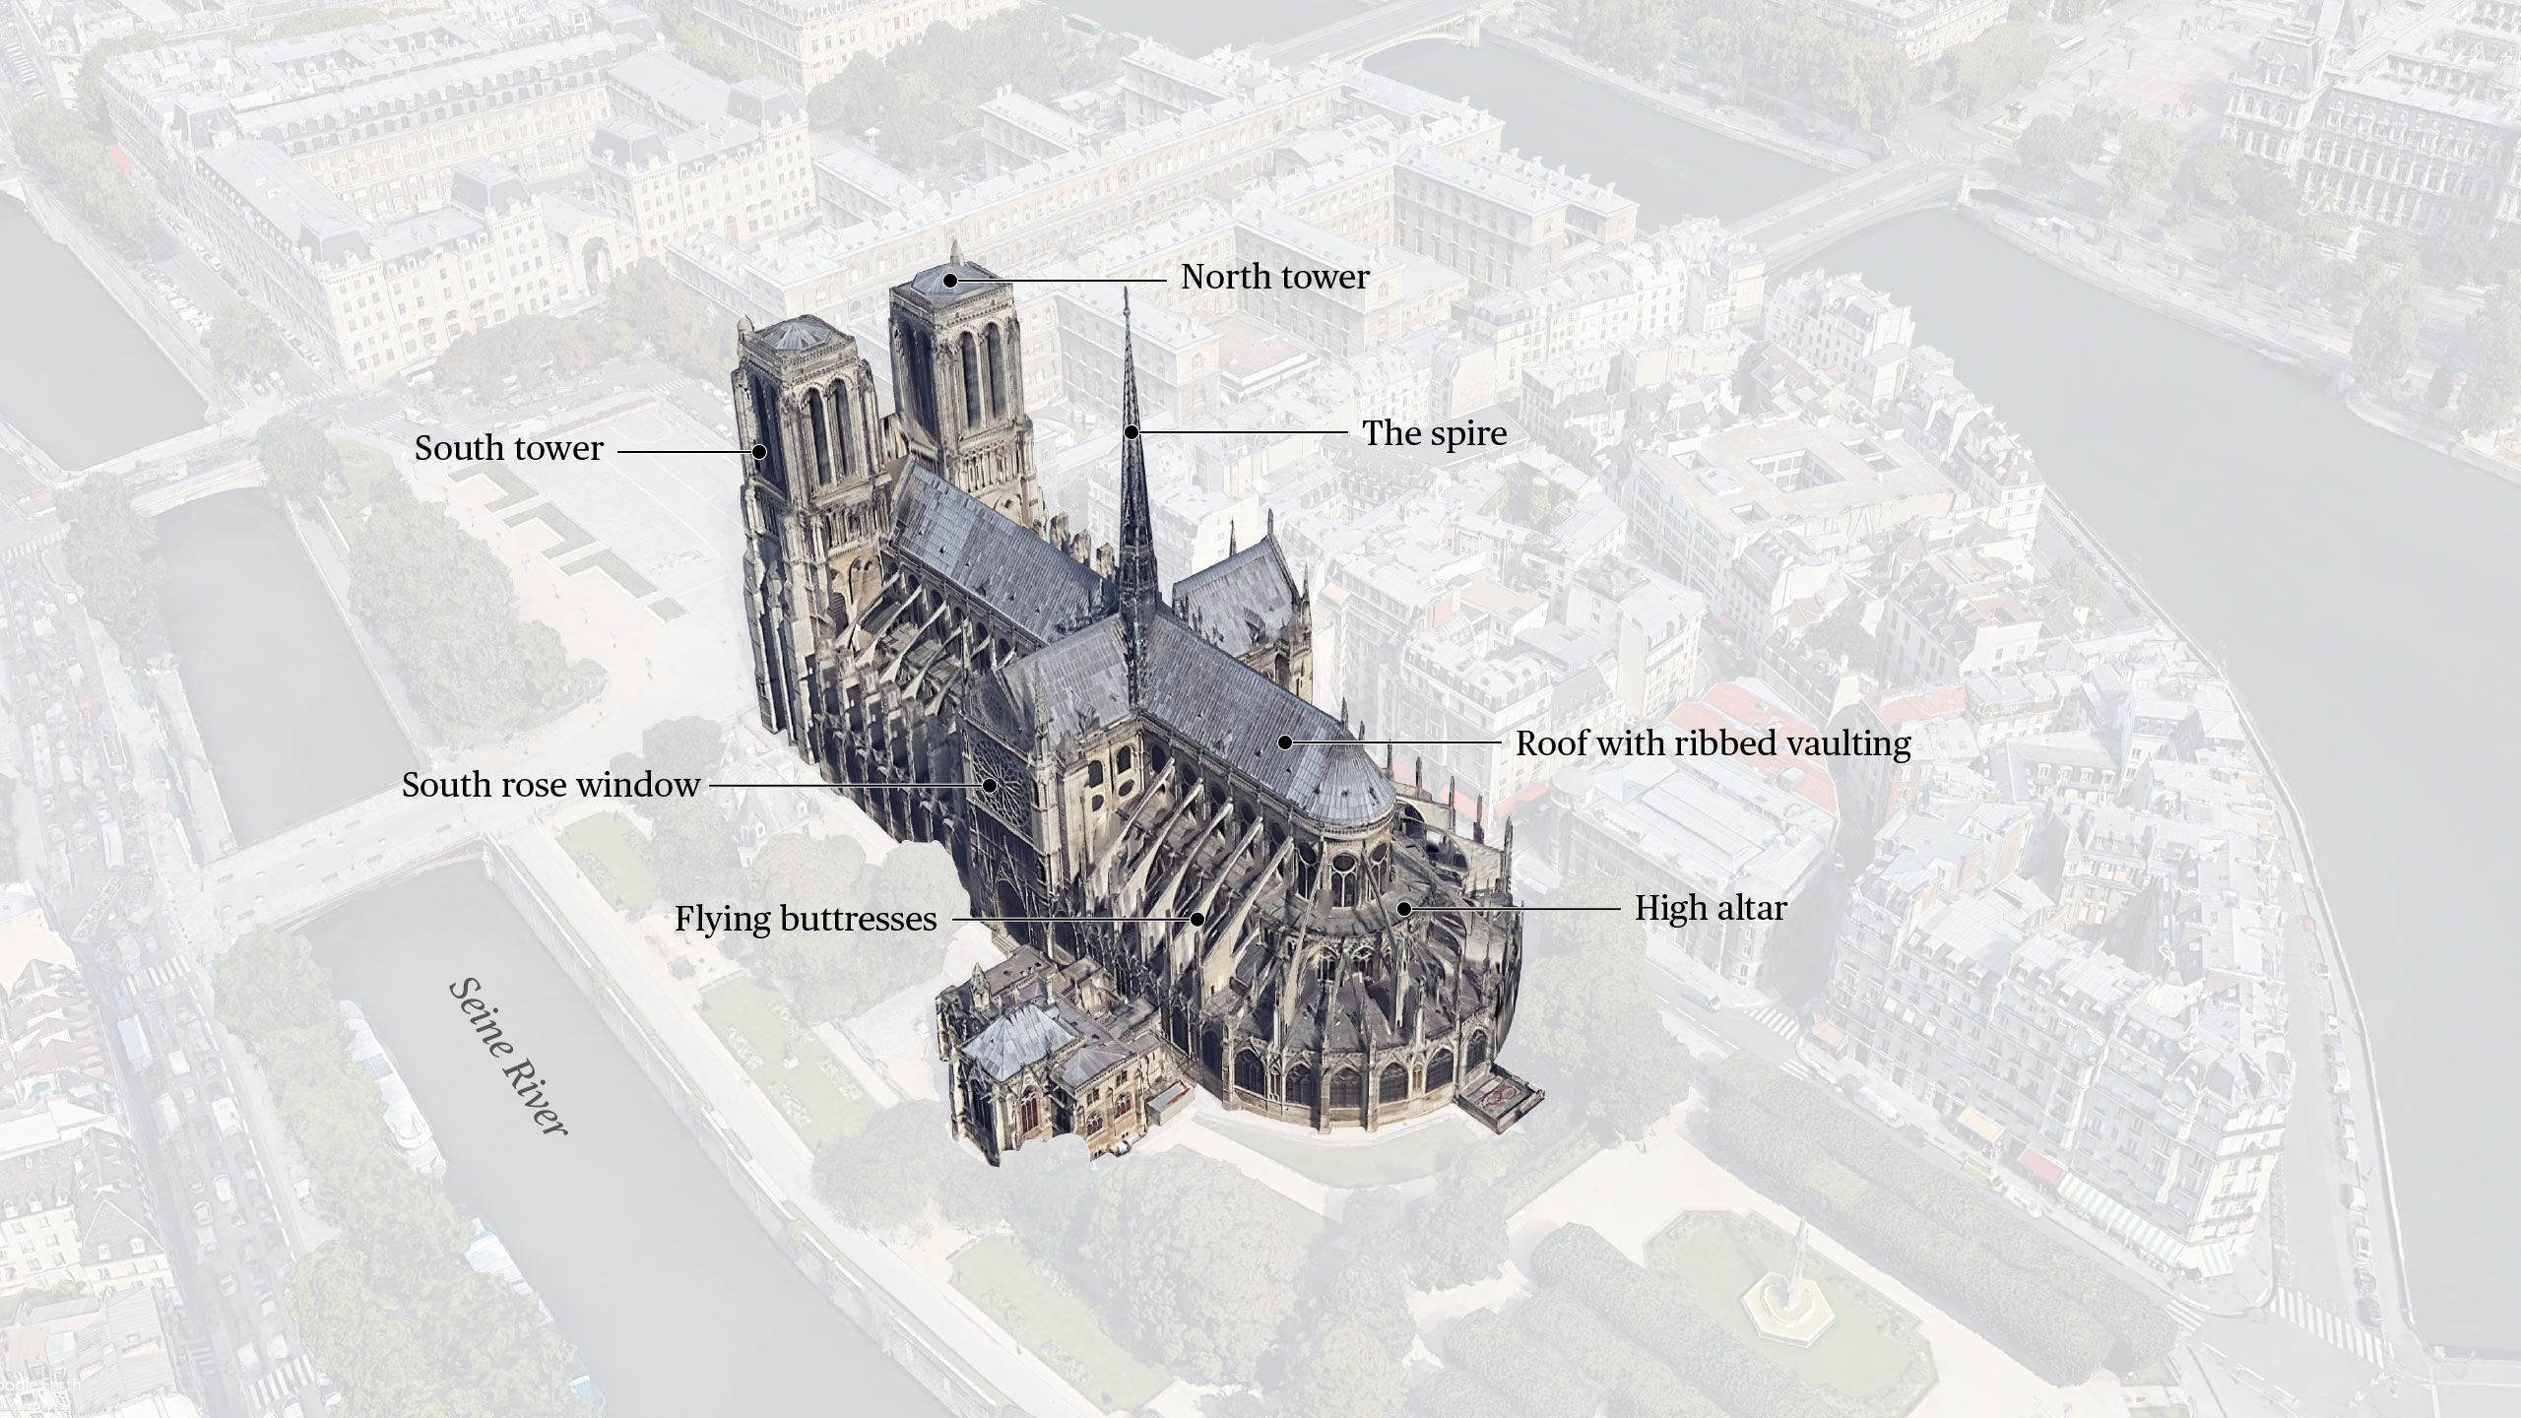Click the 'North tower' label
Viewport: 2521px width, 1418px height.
1274,278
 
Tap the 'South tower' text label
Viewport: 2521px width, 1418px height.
508,449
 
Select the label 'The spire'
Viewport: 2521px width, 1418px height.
1434,433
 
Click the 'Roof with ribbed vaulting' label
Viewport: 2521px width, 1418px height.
1713,743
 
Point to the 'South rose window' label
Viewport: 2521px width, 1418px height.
550,785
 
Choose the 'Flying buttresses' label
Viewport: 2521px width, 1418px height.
806,920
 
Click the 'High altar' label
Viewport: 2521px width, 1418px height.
1711,908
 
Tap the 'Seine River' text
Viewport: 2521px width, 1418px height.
508,1058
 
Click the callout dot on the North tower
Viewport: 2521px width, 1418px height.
950,280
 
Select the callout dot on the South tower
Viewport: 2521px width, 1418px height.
759,452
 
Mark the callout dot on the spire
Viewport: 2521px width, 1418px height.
1132,431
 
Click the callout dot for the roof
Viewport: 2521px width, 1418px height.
1285,742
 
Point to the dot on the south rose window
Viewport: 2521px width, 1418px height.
989,785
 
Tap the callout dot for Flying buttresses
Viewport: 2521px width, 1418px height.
1197,919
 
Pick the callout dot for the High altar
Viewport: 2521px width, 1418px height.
1404,908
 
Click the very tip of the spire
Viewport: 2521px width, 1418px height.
1128,290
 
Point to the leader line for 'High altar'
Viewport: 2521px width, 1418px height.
1517,908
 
